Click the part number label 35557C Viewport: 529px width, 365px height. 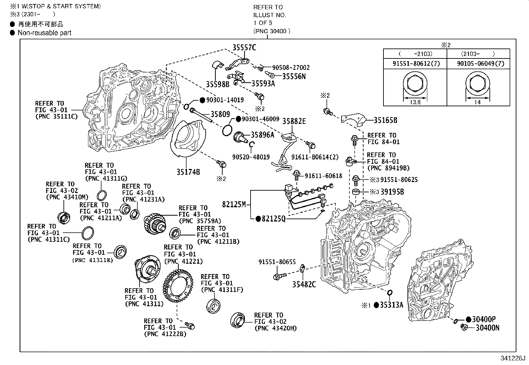tap(244, 47)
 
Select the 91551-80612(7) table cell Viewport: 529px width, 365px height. tap(415, 63)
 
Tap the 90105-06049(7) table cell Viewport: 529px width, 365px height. tap(478, 63)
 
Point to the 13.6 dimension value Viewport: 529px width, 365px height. tap(415, 102)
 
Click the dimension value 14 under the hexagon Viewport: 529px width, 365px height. tap(477, 102)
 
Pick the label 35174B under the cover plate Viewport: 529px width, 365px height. tap(188, 172)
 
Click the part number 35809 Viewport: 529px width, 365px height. tap(220, 115)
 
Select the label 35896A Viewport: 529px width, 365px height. tap(262, 135)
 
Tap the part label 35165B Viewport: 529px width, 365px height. tap(385, 120)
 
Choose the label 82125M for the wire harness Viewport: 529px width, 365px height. tap(234, 204)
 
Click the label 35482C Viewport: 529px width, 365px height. tap(304, 284)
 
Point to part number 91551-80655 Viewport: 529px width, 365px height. tap(277, 262)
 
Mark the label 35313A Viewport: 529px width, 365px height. tap(391, 305)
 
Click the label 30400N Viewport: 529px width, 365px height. tap(487, 328)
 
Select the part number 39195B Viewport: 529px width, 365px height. tap(392, 192)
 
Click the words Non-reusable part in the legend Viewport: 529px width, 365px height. tap(45, 33)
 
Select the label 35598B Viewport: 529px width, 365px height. tap(218, 84)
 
